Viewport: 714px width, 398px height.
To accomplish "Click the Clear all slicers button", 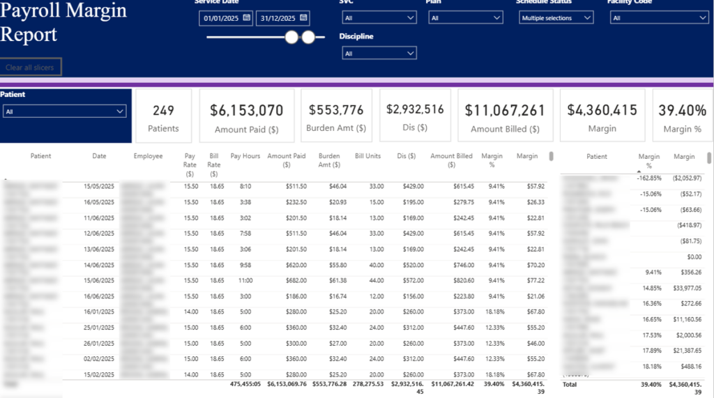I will pyautogui.click(x=31, y=67).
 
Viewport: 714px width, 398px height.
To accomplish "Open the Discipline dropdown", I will pyautogui.click(x=379, y=54).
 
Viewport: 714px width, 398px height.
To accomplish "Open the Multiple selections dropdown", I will pyautogui.click(x=556, y=18).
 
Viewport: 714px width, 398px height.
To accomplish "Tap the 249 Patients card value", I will pyautogui.click(x=163, y=110).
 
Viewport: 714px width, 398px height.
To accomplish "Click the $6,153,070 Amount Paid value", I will pyautogui.click(x=247, y=110).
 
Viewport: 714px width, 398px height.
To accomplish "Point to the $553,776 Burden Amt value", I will pyautogui.click(x=336, y=109).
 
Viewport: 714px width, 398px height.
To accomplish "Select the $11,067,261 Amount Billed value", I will pyautogui.click(x=505, y=110).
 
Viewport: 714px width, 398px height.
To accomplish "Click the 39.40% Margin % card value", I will pyautogui.click(x=682, y=110).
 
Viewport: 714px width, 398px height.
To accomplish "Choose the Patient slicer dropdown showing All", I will pyautogui.click(x=65, y=111).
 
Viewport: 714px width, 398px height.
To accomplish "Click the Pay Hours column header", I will pyautogui.click(x=245, y=156).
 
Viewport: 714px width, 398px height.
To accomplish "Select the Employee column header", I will pyautogui.click(x=148, y=156).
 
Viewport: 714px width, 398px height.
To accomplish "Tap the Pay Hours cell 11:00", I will pyautogui.click(x=245, y=280).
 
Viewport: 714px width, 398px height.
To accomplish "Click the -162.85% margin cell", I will pyautogui.click(x=648, y=178).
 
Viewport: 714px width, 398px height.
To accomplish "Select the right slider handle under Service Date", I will pyautogui.click(x=308, y=37).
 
